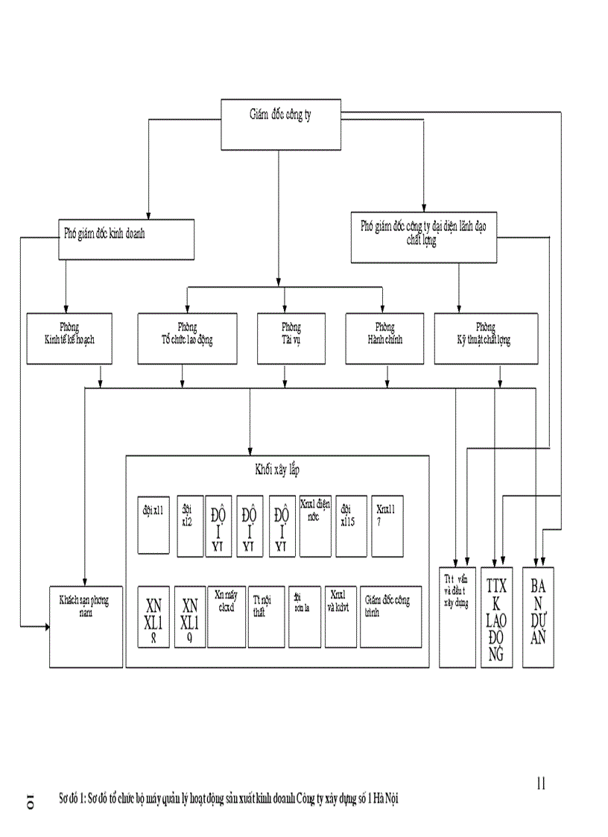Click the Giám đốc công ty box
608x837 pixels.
pos(282,123)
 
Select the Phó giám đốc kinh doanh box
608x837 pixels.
pos(127,239)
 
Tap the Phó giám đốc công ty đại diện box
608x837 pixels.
pos(423,237)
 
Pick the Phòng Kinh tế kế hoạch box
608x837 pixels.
pos(69,338)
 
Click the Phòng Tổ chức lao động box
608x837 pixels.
pos(187,338)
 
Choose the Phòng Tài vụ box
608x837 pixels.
pos(291,338)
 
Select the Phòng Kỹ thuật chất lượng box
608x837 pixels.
pos(485,338)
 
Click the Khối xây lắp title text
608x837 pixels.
pos(277,470)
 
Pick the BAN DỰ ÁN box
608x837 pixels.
pos(538,616)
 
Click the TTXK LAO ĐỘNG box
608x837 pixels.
pos(496,616)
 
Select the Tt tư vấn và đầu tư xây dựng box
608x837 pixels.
pos(457,616)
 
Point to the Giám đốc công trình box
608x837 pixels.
pos(390,616)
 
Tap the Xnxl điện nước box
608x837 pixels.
pos(315,526)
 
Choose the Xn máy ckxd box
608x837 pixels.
pos(227,616)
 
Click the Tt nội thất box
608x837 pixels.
pos(266,616)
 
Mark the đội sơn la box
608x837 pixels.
pos(305,616)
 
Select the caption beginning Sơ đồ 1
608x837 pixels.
pos(229,798)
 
